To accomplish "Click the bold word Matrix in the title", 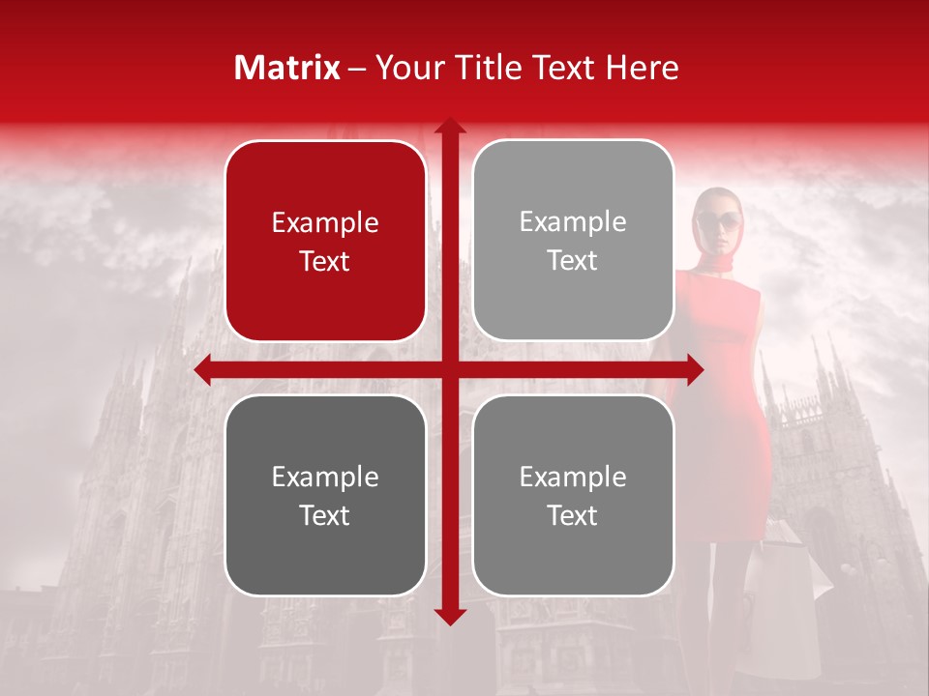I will [x=287, y=68].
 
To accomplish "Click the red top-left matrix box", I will [x=325, y=241].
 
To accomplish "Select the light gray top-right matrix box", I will [x=573, y=241].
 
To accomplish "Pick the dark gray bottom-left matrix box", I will [x=325, y=495].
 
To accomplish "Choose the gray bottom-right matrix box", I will [x=573, y=495].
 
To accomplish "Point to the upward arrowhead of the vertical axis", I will [x=449, y=126].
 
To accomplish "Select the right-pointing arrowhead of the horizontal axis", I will [x=695, y=369].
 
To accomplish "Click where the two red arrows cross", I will [x=449, y=369].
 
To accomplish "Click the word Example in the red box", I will [x=325, y=223].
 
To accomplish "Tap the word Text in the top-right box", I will [x=573, y=261].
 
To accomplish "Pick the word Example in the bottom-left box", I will [x=325, y=478].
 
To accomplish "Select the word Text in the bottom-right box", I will [x=573, y=516].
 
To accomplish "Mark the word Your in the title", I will [x=405, y=68].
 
